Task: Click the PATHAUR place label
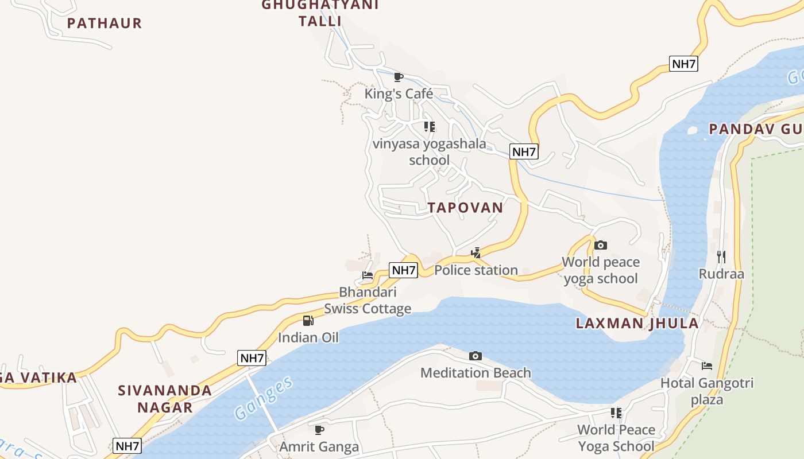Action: click(x=104, y=24)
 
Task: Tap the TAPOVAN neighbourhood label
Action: click(x=465, y=208)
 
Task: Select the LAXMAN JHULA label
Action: click(x=637, y=323)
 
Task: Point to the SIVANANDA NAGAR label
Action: click(x=165, y=399)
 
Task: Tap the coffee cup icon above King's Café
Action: click(x=399, y=77)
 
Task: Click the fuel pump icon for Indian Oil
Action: click(x=308, y=321)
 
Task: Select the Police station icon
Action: click(x=476, y=253)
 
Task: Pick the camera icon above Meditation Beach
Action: click(x=476, y=356)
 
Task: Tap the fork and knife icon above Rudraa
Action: click(x=721, y=257)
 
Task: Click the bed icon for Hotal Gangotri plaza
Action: click(x=706, y=366)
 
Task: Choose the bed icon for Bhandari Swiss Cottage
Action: click(x=368, y=276)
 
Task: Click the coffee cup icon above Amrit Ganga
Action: click(x=319, y=430)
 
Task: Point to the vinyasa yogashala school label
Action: click(x=430, y=152)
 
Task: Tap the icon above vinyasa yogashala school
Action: click(x=430, y=127)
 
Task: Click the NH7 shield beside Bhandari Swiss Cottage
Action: click(x=403, y=270)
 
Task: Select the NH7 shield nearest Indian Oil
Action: click(x=252, y=359)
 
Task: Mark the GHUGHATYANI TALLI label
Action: click(x=320, y=13)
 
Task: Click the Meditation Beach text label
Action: click(x=476, y=373)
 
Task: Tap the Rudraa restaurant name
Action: click(x=721, y=274)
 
